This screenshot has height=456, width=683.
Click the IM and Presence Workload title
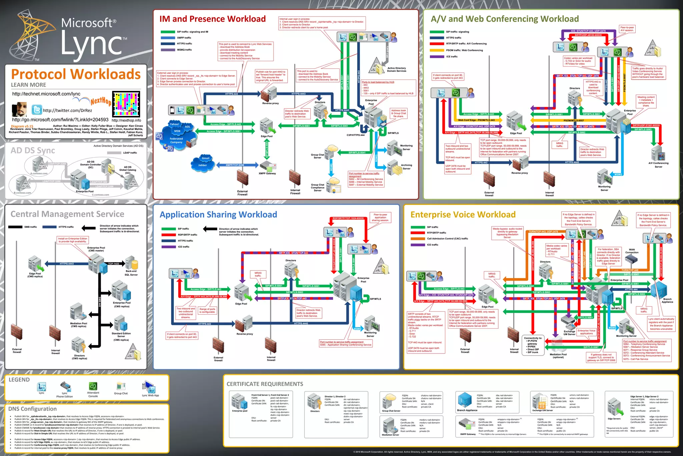212,19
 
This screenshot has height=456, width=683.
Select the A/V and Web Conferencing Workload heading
505,19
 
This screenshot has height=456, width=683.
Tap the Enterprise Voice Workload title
463,214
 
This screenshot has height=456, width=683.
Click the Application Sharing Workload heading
218,214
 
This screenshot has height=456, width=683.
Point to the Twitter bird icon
37,110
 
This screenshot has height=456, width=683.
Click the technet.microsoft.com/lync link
46,94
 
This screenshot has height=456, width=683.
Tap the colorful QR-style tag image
126,104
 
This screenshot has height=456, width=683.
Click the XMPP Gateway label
267,173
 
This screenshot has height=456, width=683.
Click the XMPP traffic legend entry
184,38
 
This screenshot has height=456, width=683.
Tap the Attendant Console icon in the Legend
93,387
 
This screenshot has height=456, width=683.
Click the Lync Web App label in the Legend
150,395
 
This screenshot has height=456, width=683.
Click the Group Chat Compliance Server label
317,187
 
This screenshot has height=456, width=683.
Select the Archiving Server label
407,167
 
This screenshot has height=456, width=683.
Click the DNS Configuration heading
32,409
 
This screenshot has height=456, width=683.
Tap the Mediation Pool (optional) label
558,356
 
